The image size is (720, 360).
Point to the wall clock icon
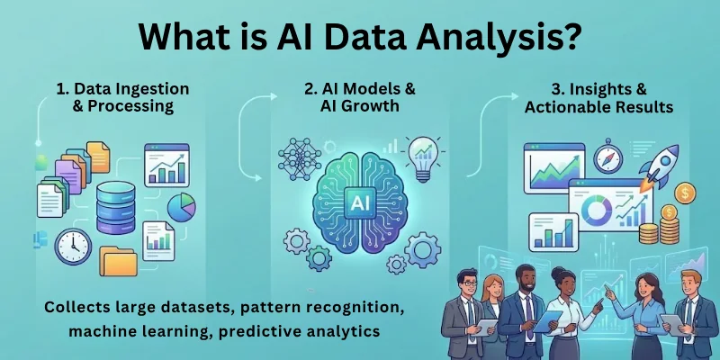pos(72,246)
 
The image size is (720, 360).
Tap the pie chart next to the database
pos(181,208)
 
